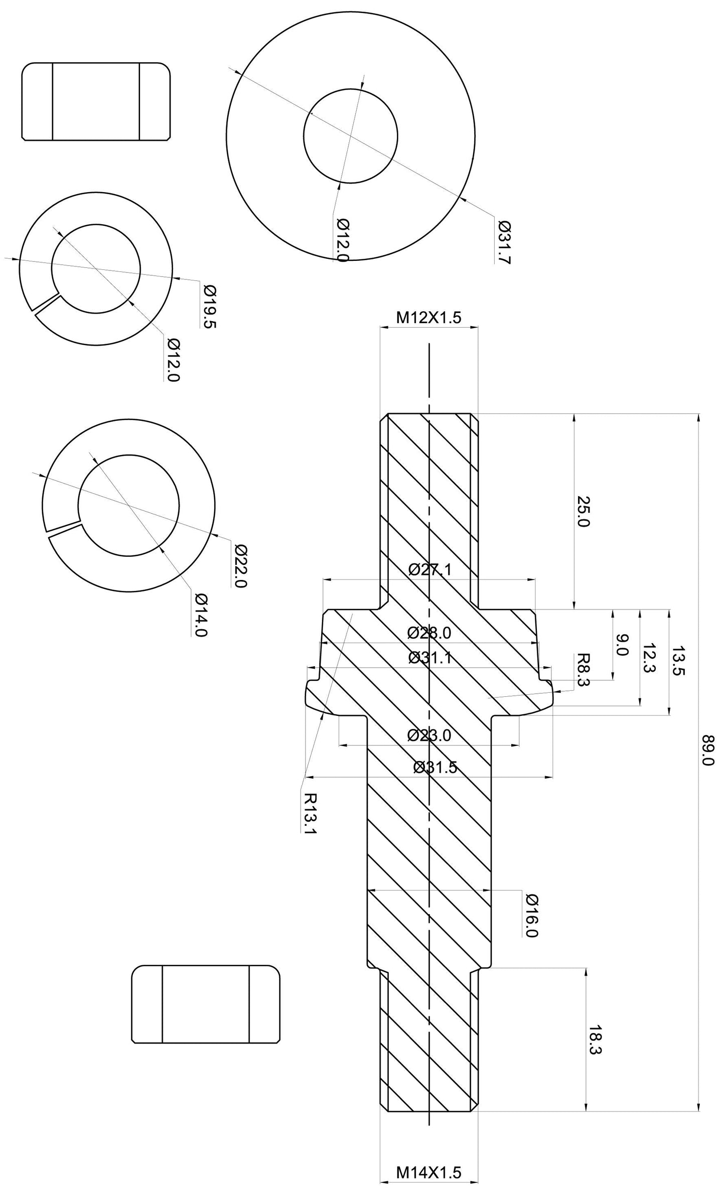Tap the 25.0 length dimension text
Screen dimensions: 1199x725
pos(584,511)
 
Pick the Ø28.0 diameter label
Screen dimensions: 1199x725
pos(429,633)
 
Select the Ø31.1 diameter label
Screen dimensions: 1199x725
pos(429,658)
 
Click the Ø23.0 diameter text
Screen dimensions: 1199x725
pos(429,735)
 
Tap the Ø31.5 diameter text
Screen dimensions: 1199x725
pos(435,768)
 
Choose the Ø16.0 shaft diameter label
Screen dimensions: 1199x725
pos(531,915)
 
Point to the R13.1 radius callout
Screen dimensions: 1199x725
pos(311,813)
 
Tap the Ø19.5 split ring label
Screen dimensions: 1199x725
pos(210,306)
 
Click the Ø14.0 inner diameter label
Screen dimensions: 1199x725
pos(201,615)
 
